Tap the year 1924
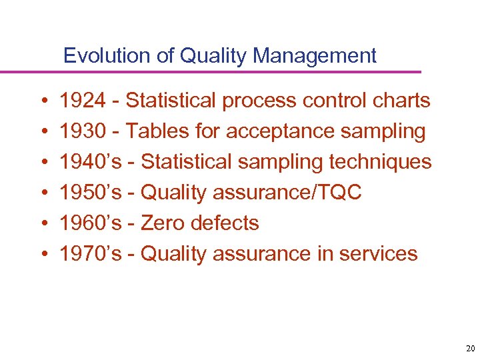point(82,101)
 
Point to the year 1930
point(82,131)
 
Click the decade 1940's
point(91,162)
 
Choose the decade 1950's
point(91,193)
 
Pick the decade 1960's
point(91,223)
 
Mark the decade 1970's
point(91,253)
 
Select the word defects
point(225,223)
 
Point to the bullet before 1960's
point(42,223)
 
